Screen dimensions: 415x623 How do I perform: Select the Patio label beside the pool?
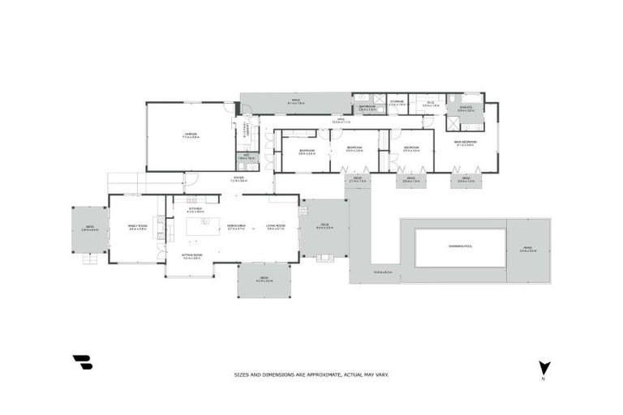(528, 249)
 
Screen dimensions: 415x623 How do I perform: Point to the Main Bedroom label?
(466, 143)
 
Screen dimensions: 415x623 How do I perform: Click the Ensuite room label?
(465, 108)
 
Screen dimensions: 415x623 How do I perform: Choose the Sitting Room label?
(191, 255)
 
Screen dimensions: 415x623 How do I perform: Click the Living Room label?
(276, 227)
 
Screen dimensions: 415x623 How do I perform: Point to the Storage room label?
(397, 102)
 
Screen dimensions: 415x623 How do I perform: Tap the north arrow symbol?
(544, 368)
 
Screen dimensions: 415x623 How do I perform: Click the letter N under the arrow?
(544, 379)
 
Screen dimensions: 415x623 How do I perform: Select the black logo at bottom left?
(82, 362)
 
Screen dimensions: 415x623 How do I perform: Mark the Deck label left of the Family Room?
(89, 229)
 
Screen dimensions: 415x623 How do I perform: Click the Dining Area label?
(237, 227)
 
